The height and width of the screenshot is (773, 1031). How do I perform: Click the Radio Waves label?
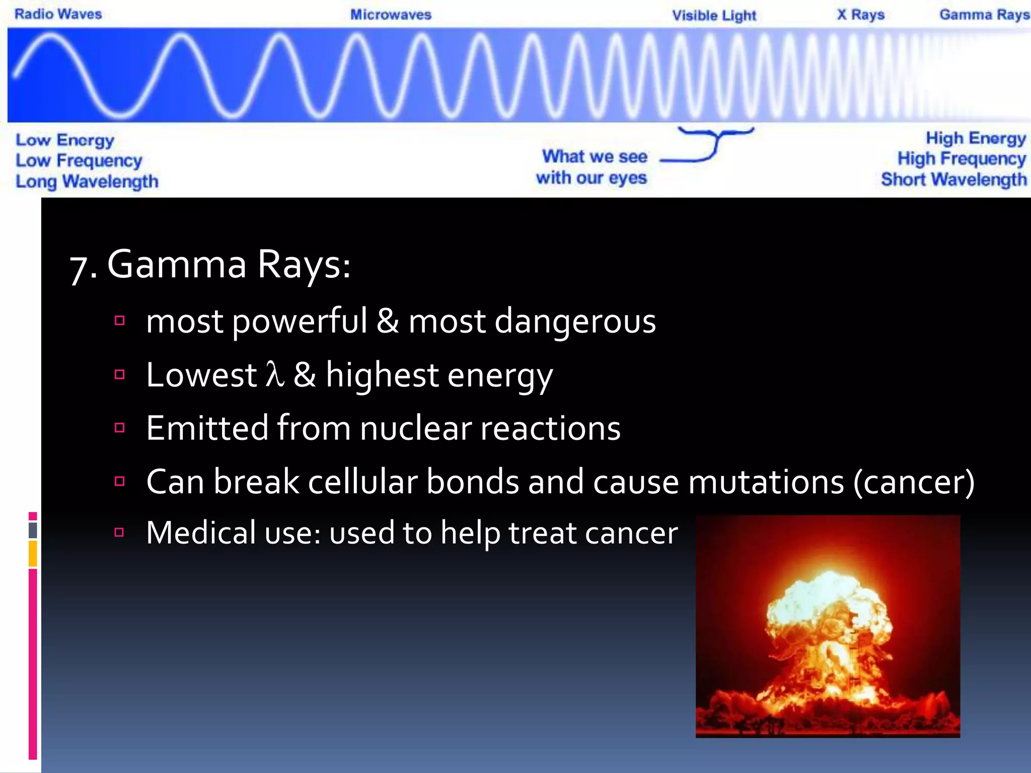click(x=58, y=14)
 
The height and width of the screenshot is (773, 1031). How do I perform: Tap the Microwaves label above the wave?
click(x=391, y=15)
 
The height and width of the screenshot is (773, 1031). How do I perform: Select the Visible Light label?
click(x=714, y=16)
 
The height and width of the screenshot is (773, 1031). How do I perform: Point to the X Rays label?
click(x=860, y=15)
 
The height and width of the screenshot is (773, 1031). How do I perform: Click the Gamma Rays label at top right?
click(x=984, y=15)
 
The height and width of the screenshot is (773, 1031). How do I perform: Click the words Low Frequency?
click(x=79, y=161)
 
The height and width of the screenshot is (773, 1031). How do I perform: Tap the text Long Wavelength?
click(x=87, y=181)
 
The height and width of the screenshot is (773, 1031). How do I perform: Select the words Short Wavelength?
click(x=953, y=180)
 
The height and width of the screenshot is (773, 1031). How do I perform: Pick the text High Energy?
click(x=975, y=138)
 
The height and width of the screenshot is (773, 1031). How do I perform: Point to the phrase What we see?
click(x=595, y=157)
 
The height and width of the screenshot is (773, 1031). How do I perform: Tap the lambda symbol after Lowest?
click(x=275, y=374)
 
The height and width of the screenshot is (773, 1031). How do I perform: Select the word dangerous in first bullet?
click(x=575, y=321)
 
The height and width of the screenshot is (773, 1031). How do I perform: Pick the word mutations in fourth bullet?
click(x=766, y=482)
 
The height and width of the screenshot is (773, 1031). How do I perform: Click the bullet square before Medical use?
click(x=119, y=532)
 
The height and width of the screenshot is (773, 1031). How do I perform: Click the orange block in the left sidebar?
click(x=33, y=554)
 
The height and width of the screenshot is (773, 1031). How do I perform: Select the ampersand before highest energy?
click(x=305, y=374)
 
